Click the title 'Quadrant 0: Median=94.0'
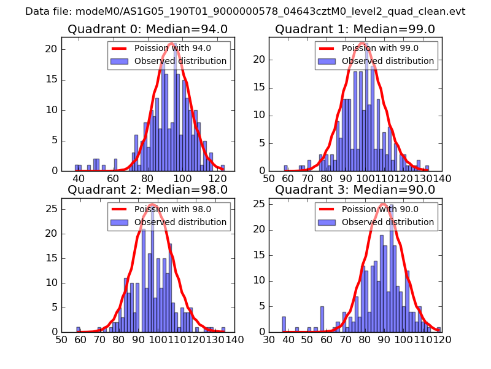(147, 29)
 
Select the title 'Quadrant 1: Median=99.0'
(355, 29)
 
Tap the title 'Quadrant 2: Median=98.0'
(147, 189)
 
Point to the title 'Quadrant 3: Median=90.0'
(355, 189)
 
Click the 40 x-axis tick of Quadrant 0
(79, 178)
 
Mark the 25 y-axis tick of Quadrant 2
(53, 208)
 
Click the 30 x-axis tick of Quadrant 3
(269, 339)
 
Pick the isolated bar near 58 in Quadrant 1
(286, 168)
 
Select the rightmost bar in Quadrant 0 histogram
(223, 167)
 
